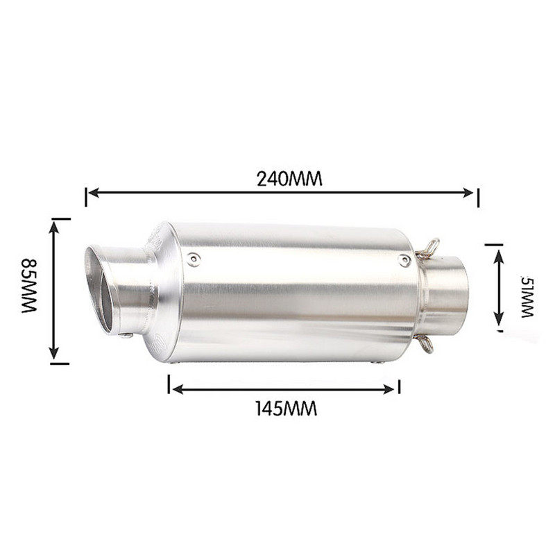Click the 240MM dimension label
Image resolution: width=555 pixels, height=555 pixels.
(x=289, y=178)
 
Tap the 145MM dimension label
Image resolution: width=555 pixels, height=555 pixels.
(x=285, y=409)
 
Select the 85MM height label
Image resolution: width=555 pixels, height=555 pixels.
(x=29, y=286)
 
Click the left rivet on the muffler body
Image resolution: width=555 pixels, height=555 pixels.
(x=194, y=259)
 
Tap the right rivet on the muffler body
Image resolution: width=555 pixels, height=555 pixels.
(x=404, y=260)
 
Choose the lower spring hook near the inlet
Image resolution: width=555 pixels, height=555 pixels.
(x=425, y=343)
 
